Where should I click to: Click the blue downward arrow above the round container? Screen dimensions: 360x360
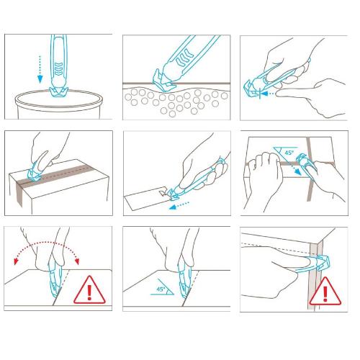40,70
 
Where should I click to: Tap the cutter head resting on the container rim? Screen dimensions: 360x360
58,92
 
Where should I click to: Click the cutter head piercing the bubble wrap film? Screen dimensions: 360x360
164,81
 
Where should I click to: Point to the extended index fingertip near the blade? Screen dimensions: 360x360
279,93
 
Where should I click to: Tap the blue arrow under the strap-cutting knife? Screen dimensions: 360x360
179,205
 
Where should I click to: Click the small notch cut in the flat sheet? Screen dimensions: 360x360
163,192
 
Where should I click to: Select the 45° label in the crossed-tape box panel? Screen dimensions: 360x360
289,153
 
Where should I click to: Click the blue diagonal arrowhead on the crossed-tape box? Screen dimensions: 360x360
298,171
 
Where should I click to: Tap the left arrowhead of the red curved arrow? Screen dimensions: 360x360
17,261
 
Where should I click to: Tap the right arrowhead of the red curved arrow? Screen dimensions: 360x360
77,261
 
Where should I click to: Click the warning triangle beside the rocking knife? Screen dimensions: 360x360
89,290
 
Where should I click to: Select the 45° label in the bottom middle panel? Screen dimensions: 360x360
161,289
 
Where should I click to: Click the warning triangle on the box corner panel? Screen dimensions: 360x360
325,291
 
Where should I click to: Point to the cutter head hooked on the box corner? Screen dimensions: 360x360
323,264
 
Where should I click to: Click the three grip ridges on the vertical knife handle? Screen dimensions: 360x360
58,68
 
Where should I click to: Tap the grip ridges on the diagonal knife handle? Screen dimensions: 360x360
185,58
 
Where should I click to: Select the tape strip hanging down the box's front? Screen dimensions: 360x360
19,192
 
